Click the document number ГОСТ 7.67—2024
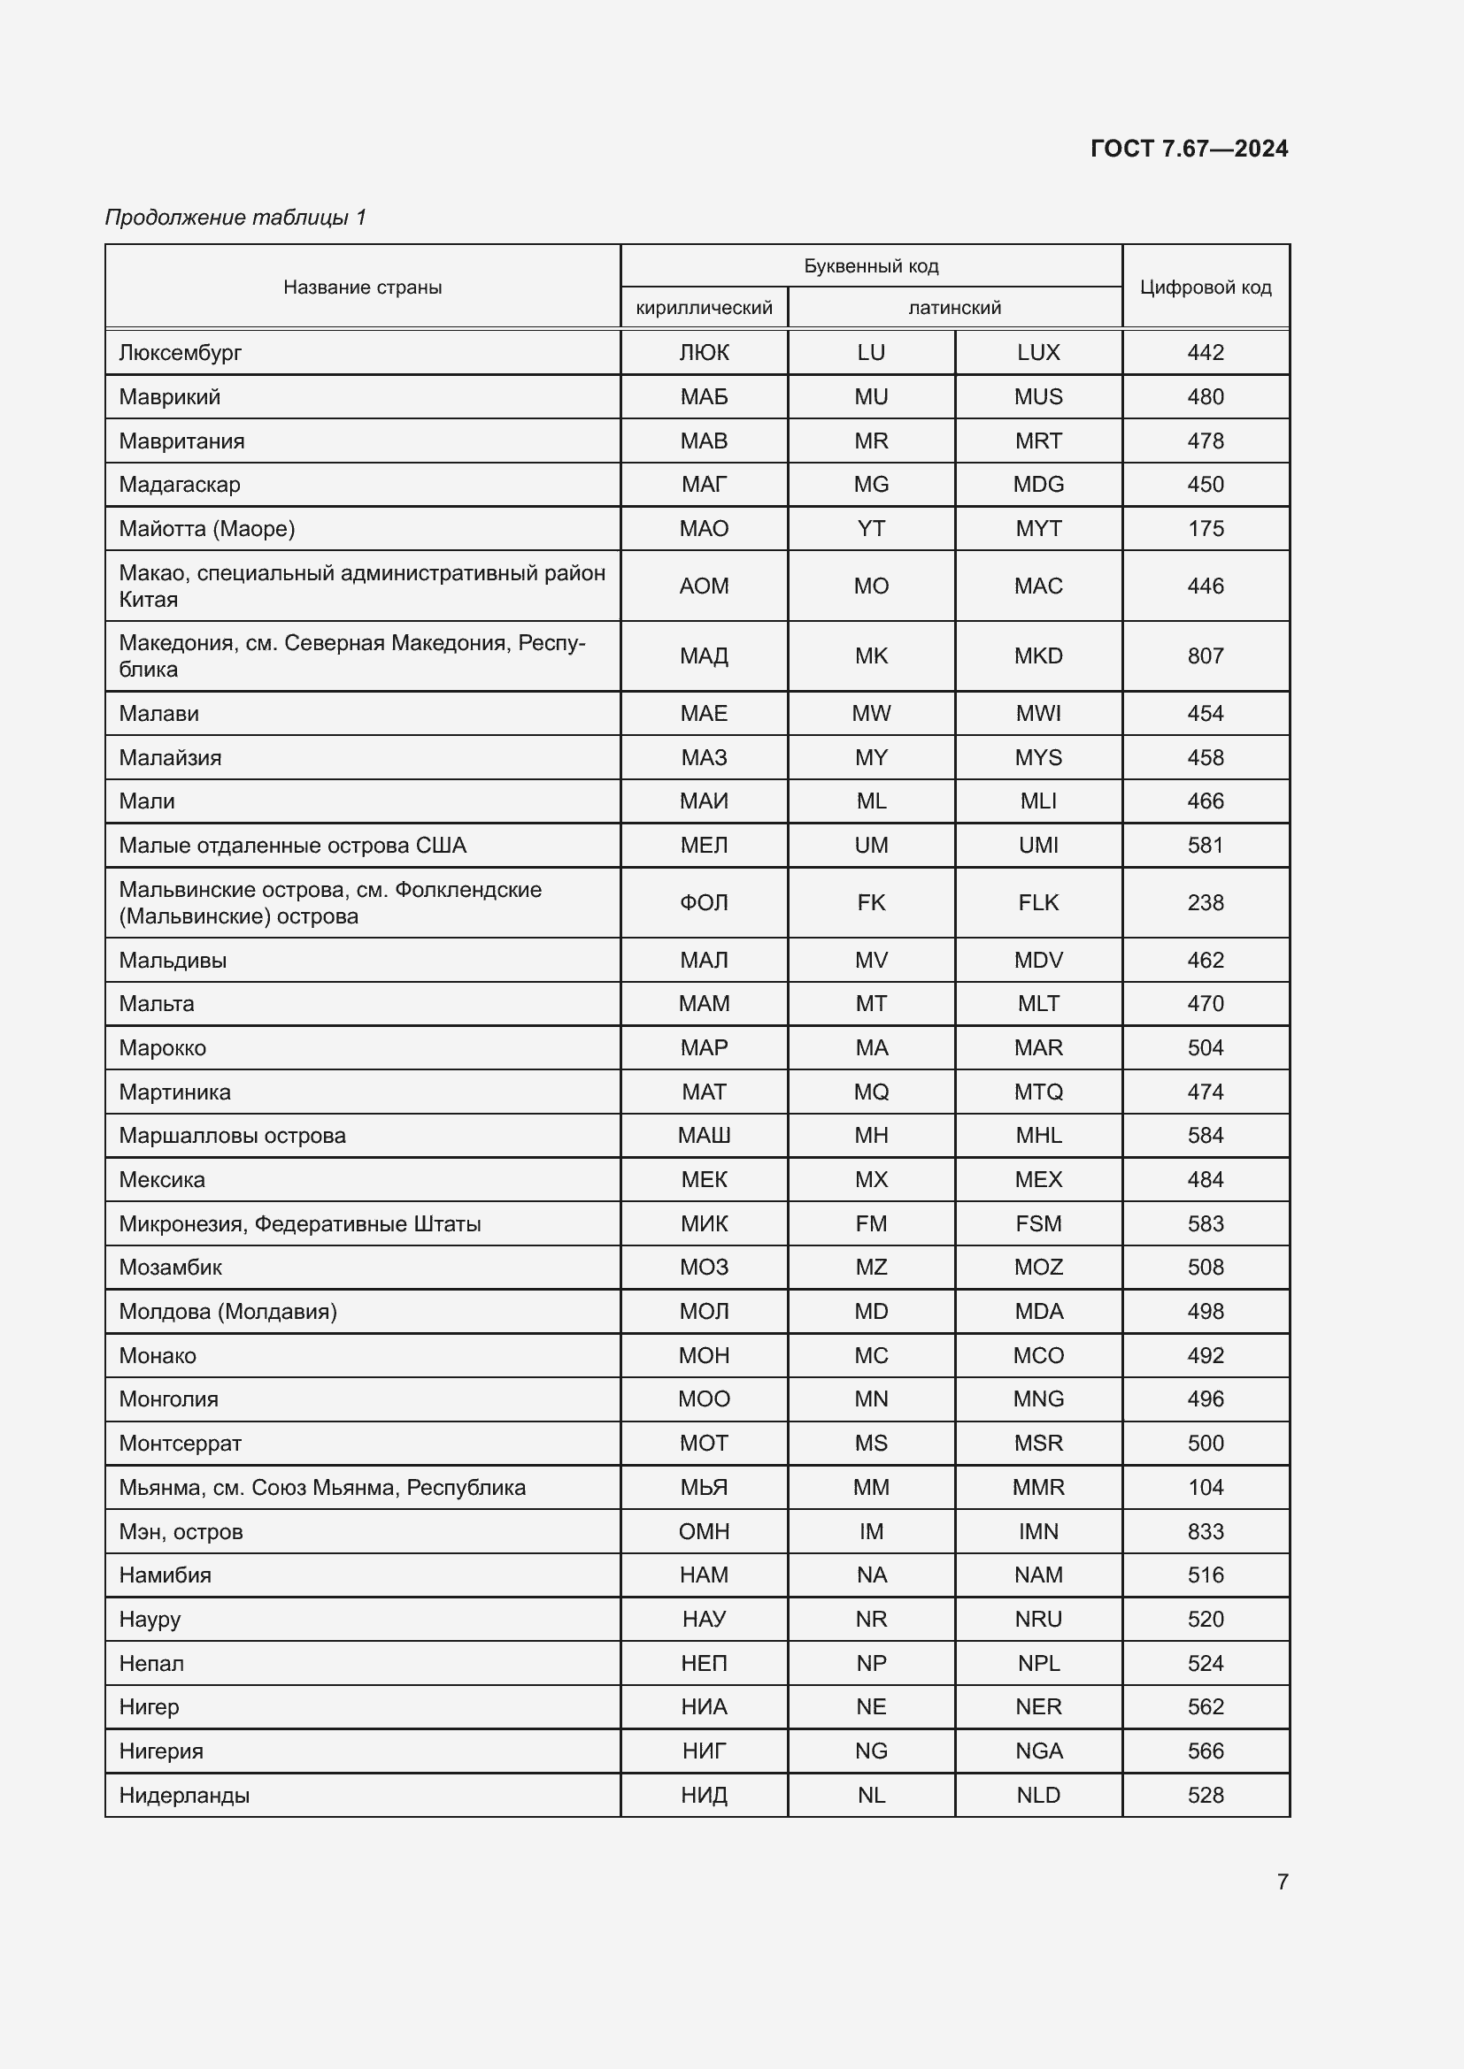[1188, 149]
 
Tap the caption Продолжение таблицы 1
[235, 218]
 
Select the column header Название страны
[362, 287]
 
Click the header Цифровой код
[1206, 287]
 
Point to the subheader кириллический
[703, 307]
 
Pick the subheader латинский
[954, 307]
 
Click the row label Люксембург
[181, 352]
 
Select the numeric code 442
[1206, 352]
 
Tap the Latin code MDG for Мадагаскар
[1037, 484]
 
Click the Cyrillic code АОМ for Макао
[703, 586]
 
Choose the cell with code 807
[1206, 655]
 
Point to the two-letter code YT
[871, 528]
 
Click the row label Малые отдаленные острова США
[292, 846]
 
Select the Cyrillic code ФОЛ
[703, 902]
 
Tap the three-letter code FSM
[1037, 1222]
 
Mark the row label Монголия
[168, 1398]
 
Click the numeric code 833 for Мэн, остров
[1206, 1531]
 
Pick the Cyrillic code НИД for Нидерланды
[703, 1795]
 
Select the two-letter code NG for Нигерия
[871, 1751]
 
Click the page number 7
[1282, 1881]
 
